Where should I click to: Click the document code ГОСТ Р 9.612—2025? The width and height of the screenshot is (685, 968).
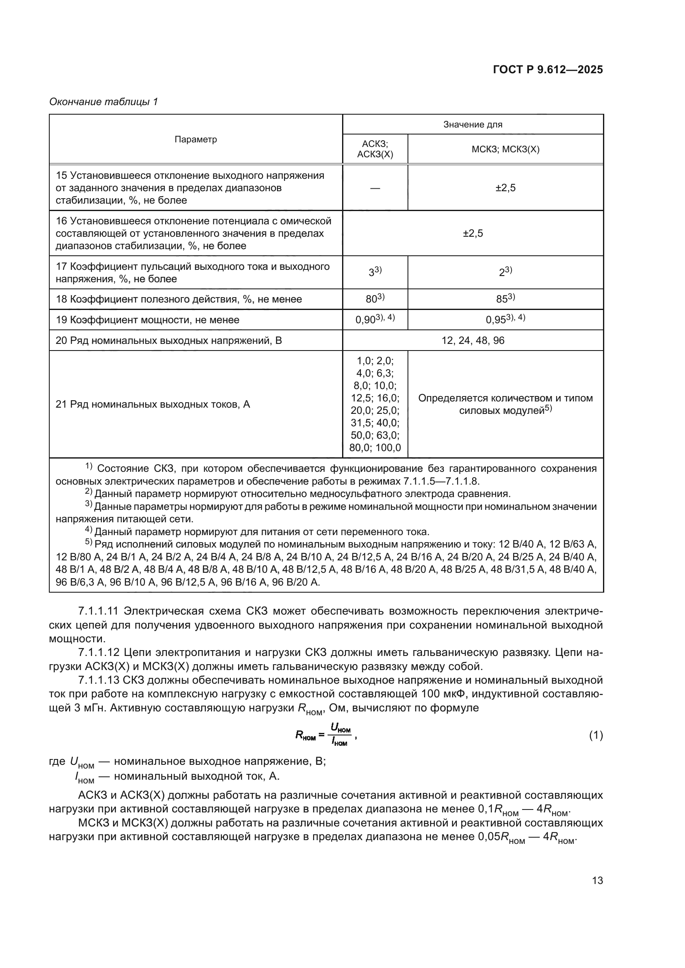tap(548, 70)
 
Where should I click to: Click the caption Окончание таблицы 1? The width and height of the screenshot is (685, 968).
tap(104, 102)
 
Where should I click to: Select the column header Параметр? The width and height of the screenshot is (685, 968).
tap(196, 139)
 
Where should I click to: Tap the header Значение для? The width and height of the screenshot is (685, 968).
tap(473, 125)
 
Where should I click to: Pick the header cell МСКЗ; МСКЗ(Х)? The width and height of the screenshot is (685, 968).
tap(505, 149)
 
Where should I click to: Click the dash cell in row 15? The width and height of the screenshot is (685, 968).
tap(375, 188)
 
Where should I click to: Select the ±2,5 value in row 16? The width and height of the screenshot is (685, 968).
tap(473, 233)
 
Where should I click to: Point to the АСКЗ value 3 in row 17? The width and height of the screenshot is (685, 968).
tap(373, 273)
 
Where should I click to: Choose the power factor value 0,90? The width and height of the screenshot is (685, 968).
tap(365, 320)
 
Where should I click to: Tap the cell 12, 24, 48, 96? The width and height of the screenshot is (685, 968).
tap(473, 340)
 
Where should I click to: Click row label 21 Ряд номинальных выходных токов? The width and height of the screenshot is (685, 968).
tap(153, 404)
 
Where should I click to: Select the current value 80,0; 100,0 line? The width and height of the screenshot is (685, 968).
tap(375, 448)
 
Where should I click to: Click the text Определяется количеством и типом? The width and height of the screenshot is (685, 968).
tap(505, 398)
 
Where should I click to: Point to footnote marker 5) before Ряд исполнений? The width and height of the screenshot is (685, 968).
tap(88, 542)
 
